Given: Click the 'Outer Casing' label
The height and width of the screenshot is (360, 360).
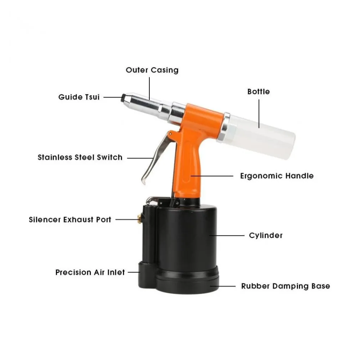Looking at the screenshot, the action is coord(152,70).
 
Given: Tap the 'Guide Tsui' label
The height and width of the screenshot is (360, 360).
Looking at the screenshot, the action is coord(79,97).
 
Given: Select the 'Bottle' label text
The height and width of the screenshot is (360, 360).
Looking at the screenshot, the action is coord(258,92).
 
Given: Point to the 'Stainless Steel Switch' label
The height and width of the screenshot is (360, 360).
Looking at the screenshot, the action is coord(80,157).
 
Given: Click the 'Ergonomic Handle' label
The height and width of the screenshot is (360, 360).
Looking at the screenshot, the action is coord(277,176).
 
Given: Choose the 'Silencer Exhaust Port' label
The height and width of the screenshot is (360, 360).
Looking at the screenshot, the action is coord(70,220).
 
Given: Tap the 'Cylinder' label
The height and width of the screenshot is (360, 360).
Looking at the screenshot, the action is coord(266,235).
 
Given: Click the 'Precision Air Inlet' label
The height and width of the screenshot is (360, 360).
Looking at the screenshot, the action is coord(90,272).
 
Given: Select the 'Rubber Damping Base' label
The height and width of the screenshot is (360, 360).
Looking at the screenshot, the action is coord(286,286).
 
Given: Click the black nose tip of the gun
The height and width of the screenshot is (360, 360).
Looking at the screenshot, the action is coord(123,98).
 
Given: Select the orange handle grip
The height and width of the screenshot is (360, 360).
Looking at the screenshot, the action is coord(187,165).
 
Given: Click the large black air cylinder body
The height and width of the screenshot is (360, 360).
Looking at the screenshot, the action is coord(186,236).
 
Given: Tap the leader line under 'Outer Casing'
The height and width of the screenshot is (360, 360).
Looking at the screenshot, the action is coord(149,88).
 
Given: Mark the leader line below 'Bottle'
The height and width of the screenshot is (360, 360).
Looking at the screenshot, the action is coord(259,114).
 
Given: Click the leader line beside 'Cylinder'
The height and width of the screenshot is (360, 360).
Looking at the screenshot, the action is coord(227,236).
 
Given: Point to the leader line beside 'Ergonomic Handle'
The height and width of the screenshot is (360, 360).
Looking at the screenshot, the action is coord(212,176).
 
